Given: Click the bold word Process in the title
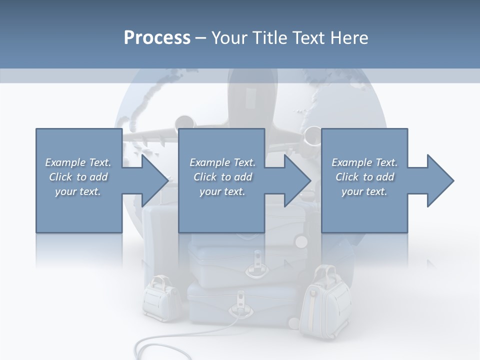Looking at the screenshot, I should pos(157,37).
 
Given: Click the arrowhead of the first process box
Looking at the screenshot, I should pos(155,180).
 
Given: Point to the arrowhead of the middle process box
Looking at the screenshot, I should pos(297,180).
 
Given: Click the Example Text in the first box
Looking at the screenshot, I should pos(78,162).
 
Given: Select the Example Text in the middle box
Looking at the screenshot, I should pos(222,162).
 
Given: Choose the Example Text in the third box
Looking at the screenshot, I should pos(364,162).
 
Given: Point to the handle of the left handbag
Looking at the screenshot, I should pos(159,281).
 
